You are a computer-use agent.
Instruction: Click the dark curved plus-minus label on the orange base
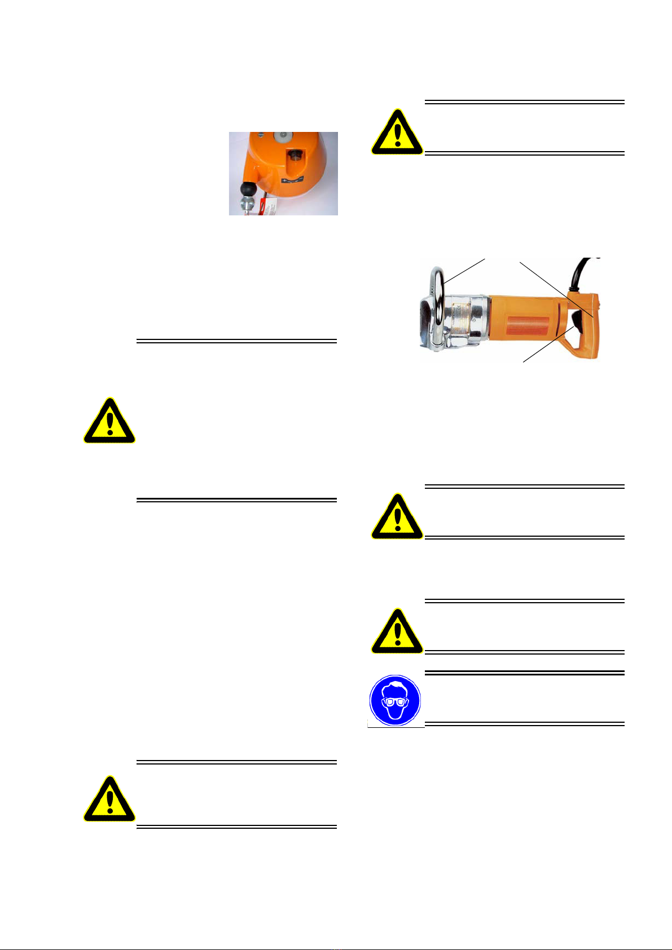click(292, 180)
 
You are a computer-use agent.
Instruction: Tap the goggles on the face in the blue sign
click(396, 702)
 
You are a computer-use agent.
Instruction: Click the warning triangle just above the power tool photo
click(397, 132)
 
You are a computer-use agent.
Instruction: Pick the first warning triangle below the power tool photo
click(397, 516)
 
